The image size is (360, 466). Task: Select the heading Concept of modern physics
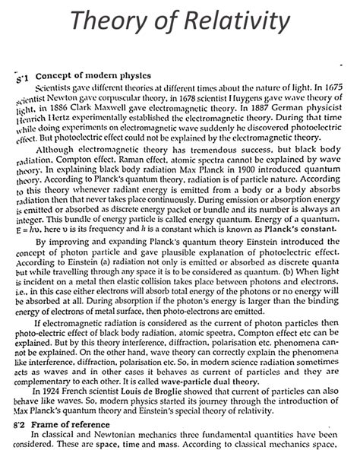[x=93, y=76]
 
